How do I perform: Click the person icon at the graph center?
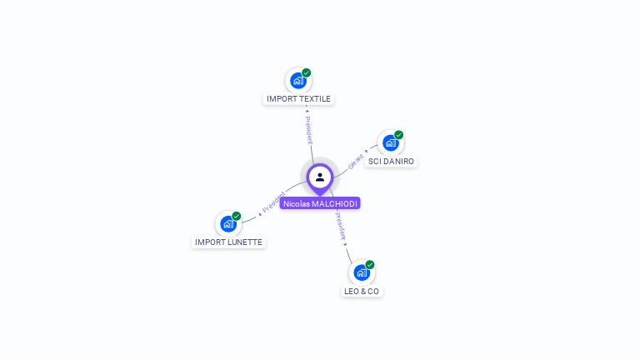(320, 177)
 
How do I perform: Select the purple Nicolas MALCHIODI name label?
(320, 203)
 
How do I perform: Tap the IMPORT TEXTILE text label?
(298, 99)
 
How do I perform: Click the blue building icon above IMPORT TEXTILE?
(297, 81)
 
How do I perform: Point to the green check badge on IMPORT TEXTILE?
(307, 73)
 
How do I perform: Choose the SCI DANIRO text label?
(391, 161)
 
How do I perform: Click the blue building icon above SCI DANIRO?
(390, 142)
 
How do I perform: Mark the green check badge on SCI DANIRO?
(399, 135)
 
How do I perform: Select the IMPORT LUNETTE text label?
(228, 242)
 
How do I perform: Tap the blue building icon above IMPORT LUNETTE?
(227, 224)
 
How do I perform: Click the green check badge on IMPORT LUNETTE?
(237, 216)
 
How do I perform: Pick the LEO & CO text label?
(362, 291)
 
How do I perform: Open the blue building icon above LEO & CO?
(361, 272)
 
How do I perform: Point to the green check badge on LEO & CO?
(370, 265)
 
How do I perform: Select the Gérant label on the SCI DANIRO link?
(357, 160)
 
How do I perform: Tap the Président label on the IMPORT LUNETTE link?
(272, 202)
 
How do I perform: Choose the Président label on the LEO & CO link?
(341, 227)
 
